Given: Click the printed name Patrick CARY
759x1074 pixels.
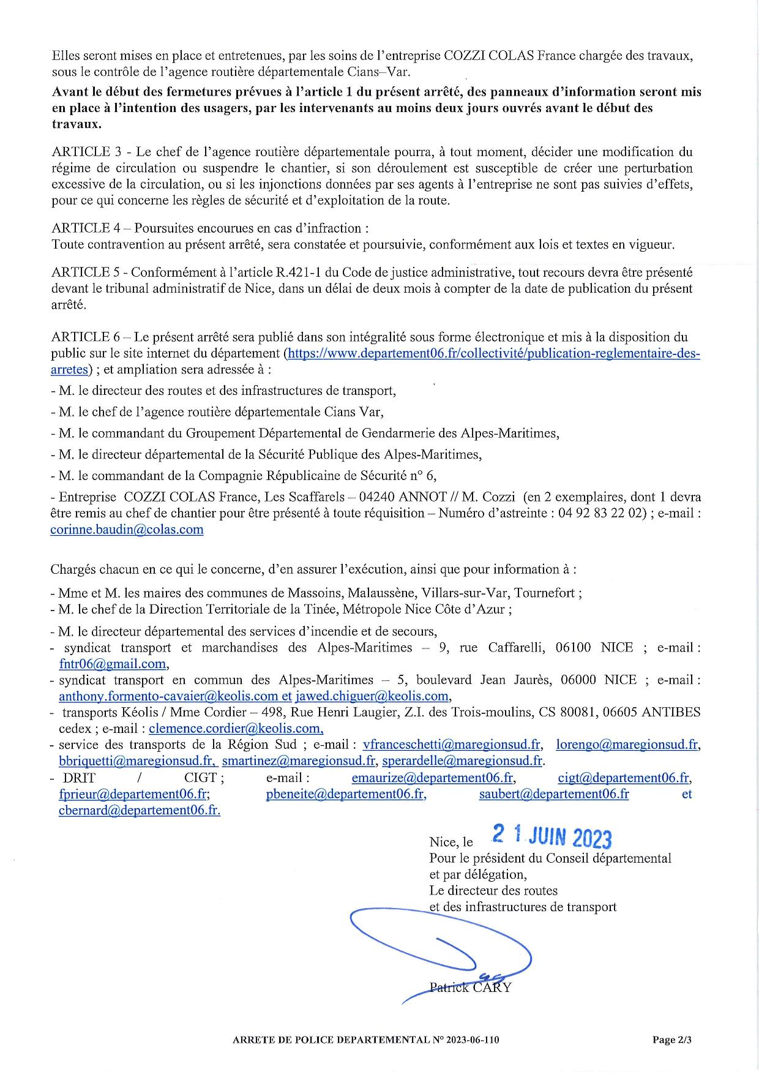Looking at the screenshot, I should pos(470,987).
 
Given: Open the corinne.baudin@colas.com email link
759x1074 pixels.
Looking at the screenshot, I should pos(127,530).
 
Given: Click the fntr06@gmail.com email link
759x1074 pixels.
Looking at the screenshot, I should pos(113,664).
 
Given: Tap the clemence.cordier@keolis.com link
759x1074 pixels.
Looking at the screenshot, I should pos(236,729).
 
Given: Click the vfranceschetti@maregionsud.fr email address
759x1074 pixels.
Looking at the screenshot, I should pos(452,745).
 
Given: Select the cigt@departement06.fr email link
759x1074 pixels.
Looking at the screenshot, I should pos(624,778).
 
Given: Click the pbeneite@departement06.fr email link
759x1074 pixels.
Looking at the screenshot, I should pos(346,794).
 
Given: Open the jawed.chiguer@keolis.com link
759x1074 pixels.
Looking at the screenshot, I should pos(373,696).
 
